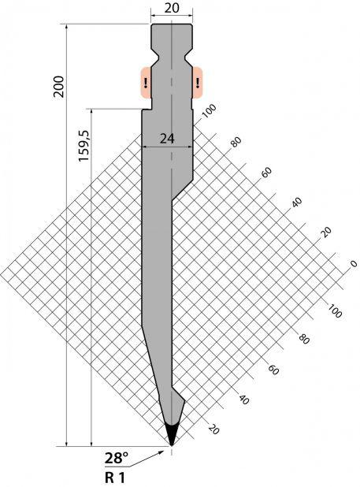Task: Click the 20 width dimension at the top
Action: [x=172, y=8]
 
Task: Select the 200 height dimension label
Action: [x=58, y=87]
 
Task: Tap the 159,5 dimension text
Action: [x=84, y=146]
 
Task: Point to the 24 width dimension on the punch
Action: [x=167, y=139]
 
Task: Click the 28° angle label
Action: [x=117, y=458]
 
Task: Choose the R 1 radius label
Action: [x=114, y=478]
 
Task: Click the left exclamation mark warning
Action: [x=145, y=83]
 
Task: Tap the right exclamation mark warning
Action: [x=198, y=83]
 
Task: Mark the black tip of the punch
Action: [x=172, y=434]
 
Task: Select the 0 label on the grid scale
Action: [x=353, y=264]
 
